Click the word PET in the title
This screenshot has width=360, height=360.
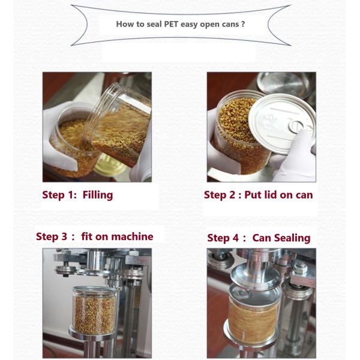point(171,24)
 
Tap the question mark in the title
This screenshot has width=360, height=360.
point(243,24)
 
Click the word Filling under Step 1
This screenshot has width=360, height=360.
point(98,195)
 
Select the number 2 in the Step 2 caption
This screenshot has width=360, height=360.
point(232,195)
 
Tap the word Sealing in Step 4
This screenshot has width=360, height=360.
point(292,238)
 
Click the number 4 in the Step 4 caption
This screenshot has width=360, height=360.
point(236,238)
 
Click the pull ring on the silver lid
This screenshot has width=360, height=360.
point(296,127)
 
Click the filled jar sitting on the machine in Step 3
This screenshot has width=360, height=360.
point(94,310)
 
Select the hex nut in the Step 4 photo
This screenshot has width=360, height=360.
point(300,268)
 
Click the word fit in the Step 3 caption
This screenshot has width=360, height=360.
point(86,236)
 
